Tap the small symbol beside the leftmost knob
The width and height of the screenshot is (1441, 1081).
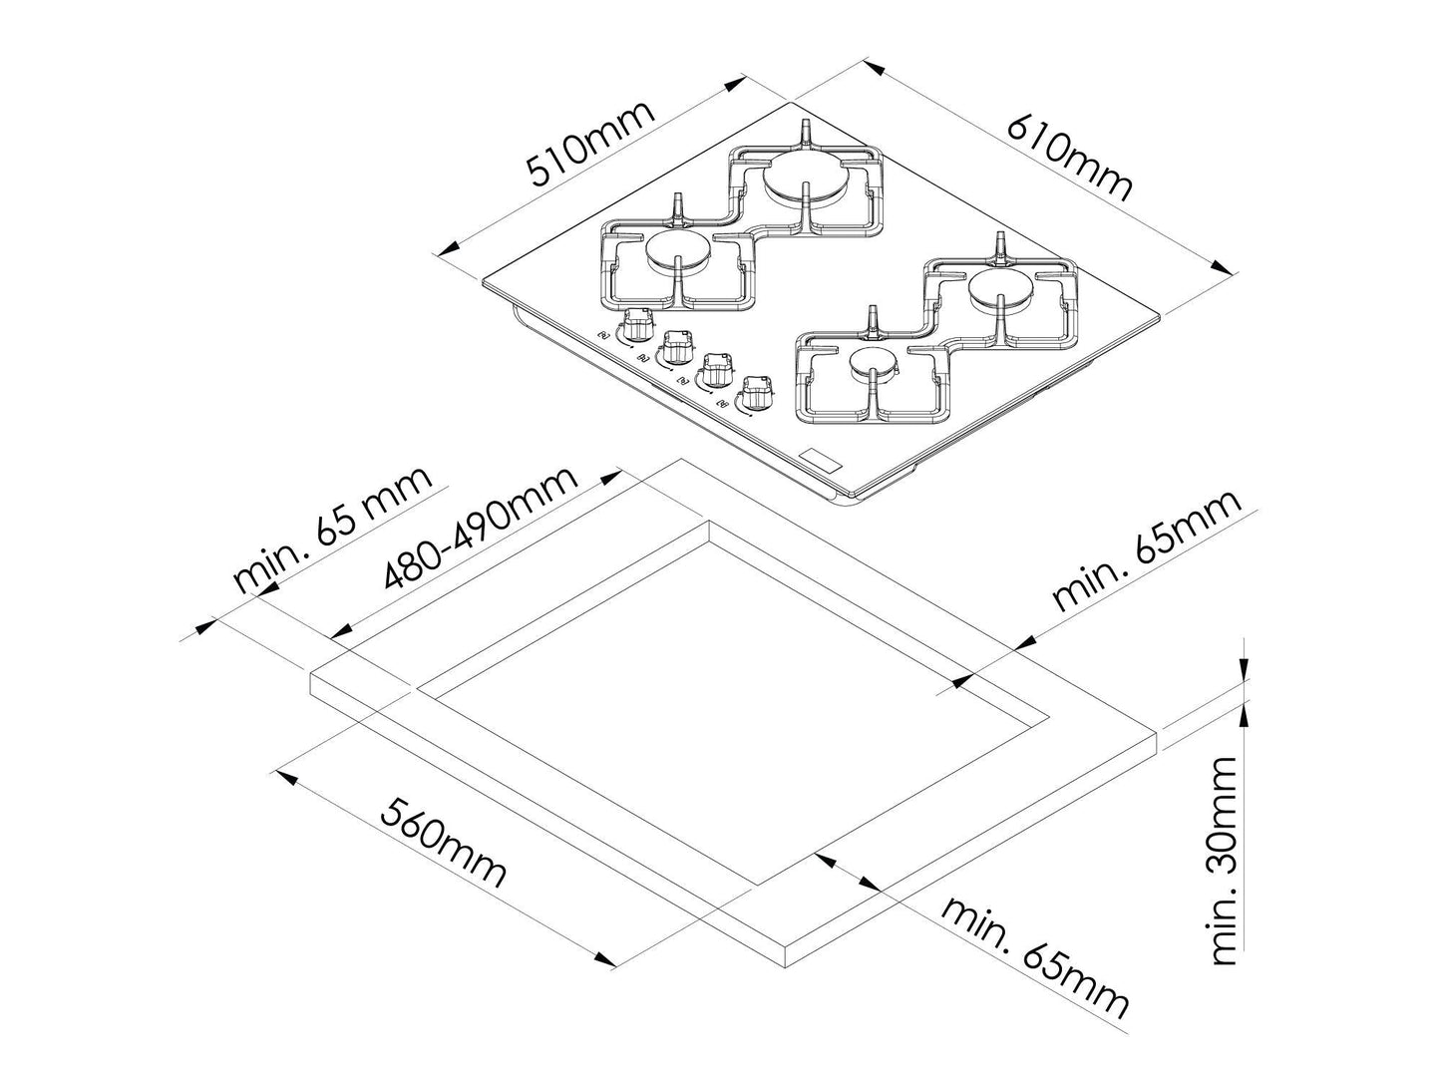[603, 336]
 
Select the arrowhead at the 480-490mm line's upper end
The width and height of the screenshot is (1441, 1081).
[609, 477]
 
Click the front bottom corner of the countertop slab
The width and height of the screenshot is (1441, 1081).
[787, 966]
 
